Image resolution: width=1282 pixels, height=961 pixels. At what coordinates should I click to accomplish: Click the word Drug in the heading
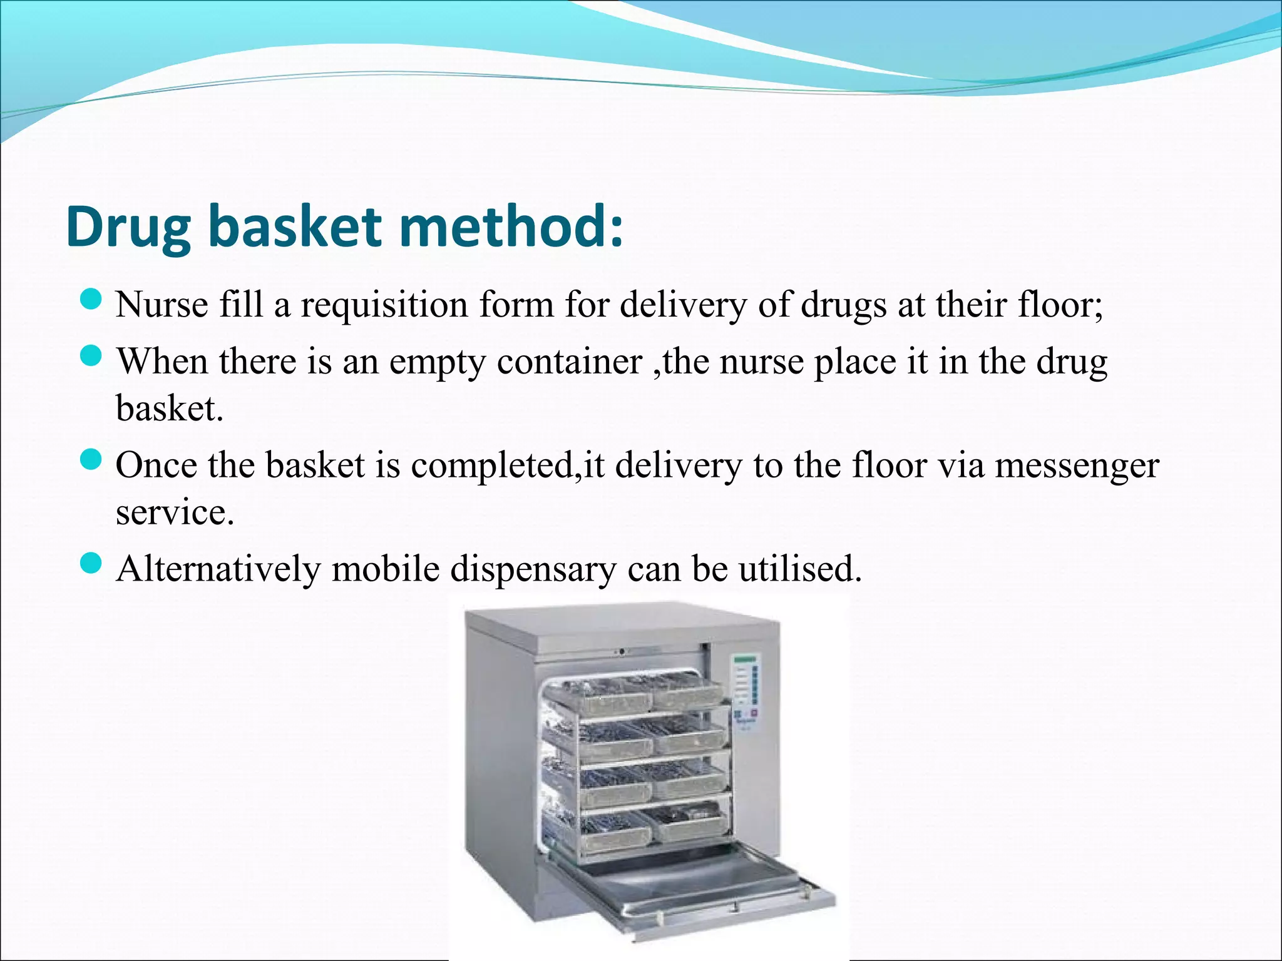coord(128,228)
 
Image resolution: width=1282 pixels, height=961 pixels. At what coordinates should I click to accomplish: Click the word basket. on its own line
coord(169,409)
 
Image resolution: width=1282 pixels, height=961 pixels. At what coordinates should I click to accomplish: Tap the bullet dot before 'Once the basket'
coord(91,460)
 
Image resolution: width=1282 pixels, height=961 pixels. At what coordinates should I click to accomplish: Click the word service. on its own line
coord(175,512)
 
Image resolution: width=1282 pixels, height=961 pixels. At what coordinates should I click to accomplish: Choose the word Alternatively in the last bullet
coord(218,569)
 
